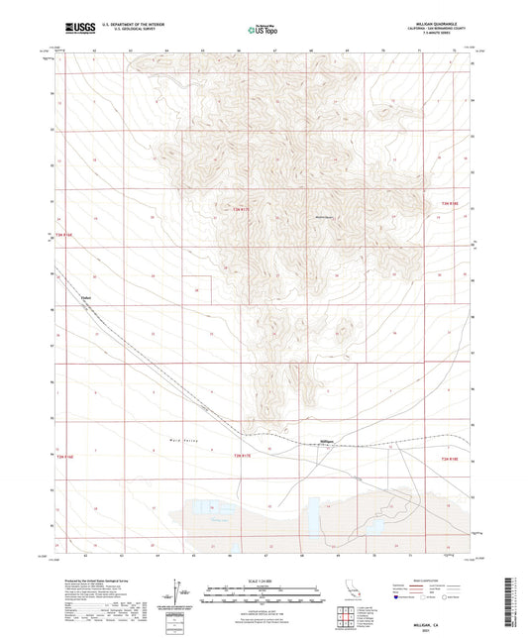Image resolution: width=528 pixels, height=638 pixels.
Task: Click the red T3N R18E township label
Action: (x=448, y=205)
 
